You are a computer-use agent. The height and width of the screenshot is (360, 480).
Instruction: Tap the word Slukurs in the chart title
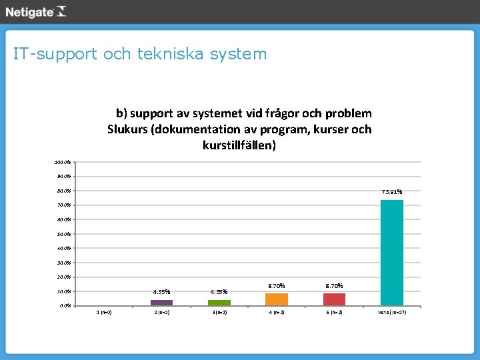[x=127, y=129]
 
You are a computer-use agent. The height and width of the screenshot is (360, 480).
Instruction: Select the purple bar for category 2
[x=161, y=303]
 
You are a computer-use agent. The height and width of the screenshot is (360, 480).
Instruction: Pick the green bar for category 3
[x=219, y=303]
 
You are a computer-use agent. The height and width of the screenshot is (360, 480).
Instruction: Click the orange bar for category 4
[x=277, y=299]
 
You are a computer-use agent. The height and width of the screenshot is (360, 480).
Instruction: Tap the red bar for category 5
[x=334, y=299]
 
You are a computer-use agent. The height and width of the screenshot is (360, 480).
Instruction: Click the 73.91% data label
[x=391, y=193]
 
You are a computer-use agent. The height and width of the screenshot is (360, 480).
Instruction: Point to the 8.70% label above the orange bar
[x=277, y=285]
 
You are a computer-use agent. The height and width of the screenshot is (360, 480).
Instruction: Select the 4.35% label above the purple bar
[x=161, y=291]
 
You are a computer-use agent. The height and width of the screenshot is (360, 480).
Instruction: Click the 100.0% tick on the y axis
[x=63, y=162]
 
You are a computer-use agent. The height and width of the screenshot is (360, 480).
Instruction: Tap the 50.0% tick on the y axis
[x=64, y=234]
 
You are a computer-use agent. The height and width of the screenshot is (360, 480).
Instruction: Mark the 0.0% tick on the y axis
[x=65, y=305]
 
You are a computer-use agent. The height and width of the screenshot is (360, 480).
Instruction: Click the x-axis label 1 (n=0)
[x=104, y=312]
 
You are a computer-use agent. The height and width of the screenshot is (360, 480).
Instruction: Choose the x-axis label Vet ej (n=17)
[x=392, y=312]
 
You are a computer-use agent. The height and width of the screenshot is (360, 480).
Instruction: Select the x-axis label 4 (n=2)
[x=277, y=312]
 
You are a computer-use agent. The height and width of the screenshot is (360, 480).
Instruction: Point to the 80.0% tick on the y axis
[x=64, y=191]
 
